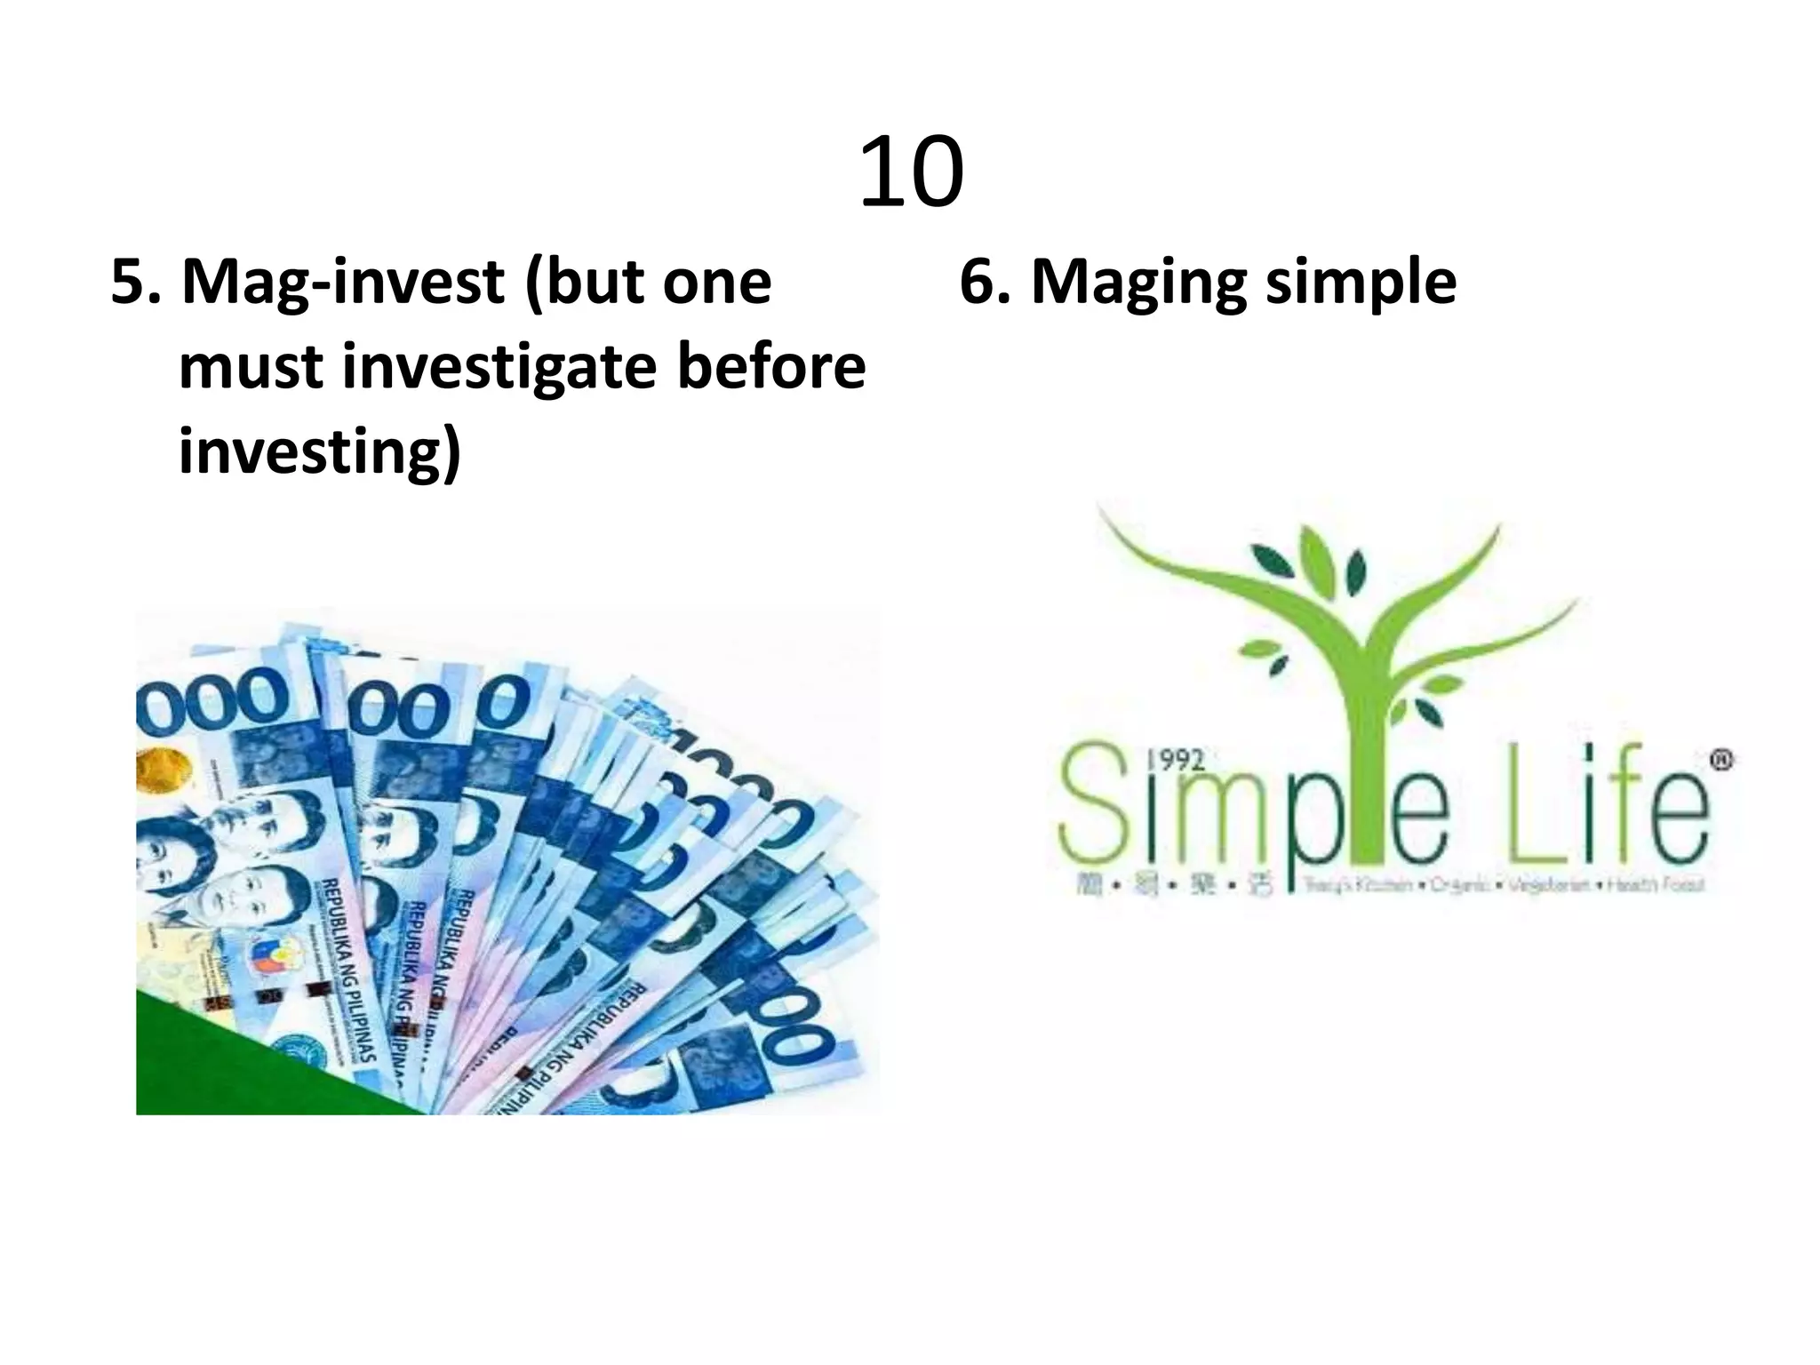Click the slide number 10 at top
tap(911, 172)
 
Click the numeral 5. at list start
tap(135, 283)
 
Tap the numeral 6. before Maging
tap(985, 283)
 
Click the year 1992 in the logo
tap(1176, 760)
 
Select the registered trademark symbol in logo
tap(1721, 761)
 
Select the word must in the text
tap(251, 368)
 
